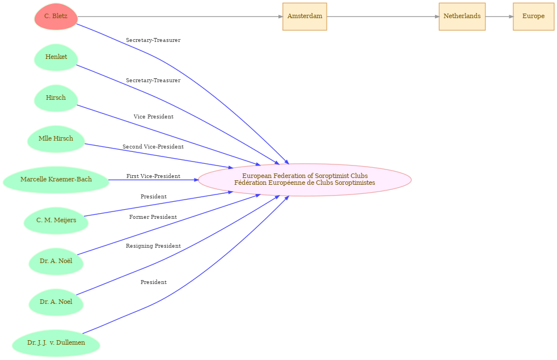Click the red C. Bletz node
[56, 16]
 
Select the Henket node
[56, 57]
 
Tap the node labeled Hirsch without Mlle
[56, 98]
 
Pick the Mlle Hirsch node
[56, 139]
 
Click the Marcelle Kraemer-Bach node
[56, 180]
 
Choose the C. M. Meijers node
[56, 221]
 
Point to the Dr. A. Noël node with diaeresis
[56, 261]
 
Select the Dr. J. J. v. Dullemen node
[56, 343]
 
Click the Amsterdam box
[305, 16]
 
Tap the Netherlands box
[462, 16]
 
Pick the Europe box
[533, 16]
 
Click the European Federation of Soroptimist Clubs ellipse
[305, 180]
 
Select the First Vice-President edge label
[153, 176]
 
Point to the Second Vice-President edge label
[153, 147]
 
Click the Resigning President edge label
[153, 246]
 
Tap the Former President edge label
[153, 217]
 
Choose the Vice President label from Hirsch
[153, 117]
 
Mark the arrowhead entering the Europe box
[510, 16]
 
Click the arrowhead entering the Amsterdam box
[280, 16]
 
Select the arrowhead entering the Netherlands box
[436, 16]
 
